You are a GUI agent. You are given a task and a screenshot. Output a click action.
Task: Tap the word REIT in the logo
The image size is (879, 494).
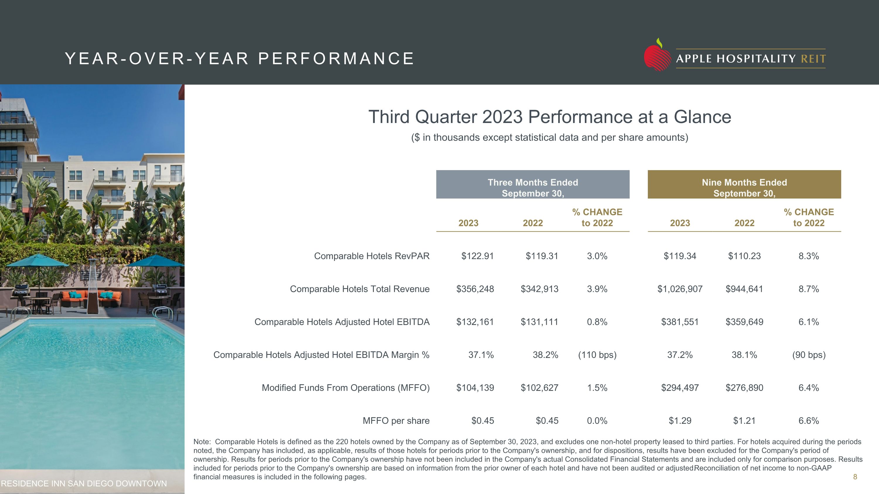pyautogui.click(x=813, y=59)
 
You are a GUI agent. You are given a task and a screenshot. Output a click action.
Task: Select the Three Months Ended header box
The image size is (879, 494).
pyautogui.click(x=533, y=184)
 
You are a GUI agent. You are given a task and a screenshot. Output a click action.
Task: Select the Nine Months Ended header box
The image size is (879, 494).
pyautogui.click(x=744, y=184)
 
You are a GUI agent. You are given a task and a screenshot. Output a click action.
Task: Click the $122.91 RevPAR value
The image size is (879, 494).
pyautogui.click(x=477, y=256)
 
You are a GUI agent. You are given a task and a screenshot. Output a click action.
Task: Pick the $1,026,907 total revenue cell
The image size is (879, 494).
pyautogui.click(x=680, y=289)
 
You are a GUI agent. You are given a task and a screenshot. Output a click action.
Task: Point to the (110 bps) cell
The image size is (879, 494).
pyautogui.click(x=597, y=355)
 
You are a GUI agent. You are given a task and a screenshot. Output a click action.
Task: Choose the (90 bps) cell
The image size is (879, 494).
pyautogui.click(x=809, y=355)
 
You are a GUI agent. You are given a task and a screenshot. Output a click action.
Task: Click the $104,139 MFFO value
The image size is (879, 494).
pyautogui.click(x=475, y=388)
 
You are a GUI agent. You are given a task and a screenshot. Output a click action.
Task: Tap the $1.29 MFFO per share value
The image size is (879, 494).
pyautogui.click(x=680, y=421)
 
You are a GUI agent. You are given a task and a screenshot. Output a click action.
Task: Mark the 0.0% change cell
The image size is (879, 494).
pyautogui.click(x=597, y=421)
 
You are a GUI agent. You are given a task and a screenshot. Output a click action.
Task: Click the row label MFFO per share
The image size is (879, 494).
pyautogui.click(x=396, y=421)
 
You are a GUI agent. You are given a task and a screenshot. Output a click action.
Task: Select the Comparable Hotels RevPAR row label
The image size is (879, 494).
pyautogui.click(x=372, y=256)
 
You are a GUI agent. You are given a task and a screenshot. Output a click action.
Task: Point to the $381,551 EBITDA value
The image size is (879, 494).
pyautogui.click(x=680, y=322)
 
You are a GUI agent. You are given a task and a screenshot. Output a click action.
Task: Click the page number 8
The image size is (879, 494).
pyautogui.click(x=855, y=477)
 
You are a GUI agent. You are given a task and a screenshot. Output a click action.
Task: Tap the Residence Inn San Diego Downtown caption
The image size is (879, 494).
pyautogui.click(x=84, y=483)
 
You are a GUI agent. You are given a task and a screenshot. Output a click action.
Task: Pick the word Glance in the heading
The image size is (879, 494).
pyautogui.click(x=702, y=117)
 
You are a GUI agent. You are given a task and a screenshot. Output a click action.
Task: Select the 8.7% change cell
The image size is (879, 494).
pyautogui.click(x=809, y=289)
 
